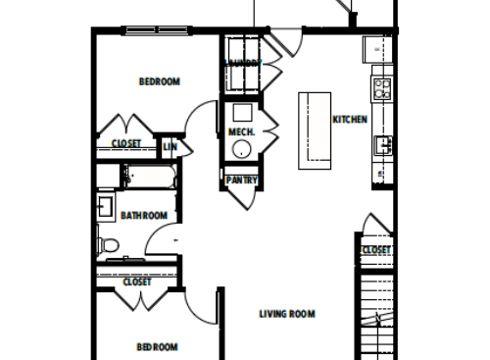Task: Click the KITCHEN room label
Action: tap(350, 120)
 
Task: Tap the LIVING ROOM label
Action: tap(287, 314)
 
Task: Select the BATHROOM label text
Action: tap(144, 215)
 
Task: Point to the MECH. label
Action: tap(241, 132)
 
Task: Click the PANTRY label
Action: tap(241, 180)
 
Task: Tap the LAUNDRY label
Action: tap(242, 63)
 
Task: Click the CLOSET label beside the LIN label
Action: tap(125, 144)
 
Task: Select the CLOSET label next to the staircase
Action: tap(376, 250)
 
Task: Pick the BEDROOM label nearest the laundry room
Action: tap(159, 81)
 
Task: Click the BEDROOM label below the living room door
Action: tap(157, 346)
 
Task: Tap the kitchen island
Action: tap(314, 130)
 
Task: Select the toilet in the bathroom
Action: tap(108, 244)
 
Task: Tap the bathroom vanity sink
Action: tap(105, 207)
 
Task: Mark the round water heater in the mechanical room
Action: tap(241, 150)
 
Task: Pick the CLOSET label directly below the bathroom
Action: tap(137, 283)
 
